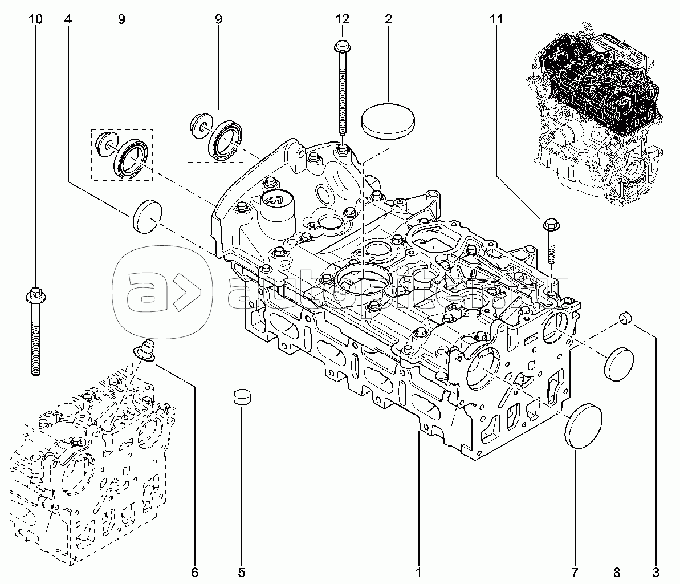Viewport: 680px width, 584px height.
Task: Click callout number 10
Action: click(x=35, y=19)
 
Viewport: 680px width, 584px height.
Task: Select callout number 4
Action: click(x=68, y=19)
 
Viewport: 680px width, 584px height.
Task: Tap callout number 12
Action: click(x=341, y=19)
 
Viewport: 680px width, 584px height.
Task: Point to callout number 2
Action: click(x=388, y=19)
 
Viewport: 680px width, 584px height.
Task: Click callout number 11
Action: click(x=496, y=19)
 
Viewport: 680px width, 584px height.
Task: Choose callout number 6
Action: click(x=194, y=571)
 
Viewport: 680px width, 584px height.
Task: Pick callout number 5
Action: click(x=241, y=571)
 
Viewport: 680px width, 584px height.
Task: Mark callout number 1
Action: click(x=419, y=571)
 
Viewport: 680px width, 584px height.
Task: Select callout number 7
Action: click(x=575, y=571)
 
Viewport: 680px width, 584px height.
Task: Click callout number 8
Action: click(x=617, y=571)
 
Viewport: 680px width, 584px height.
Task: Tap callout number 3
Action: click(x=655, y=571)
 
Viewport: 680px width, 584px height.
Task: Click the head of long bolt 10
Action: click(x=34, y=295)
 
